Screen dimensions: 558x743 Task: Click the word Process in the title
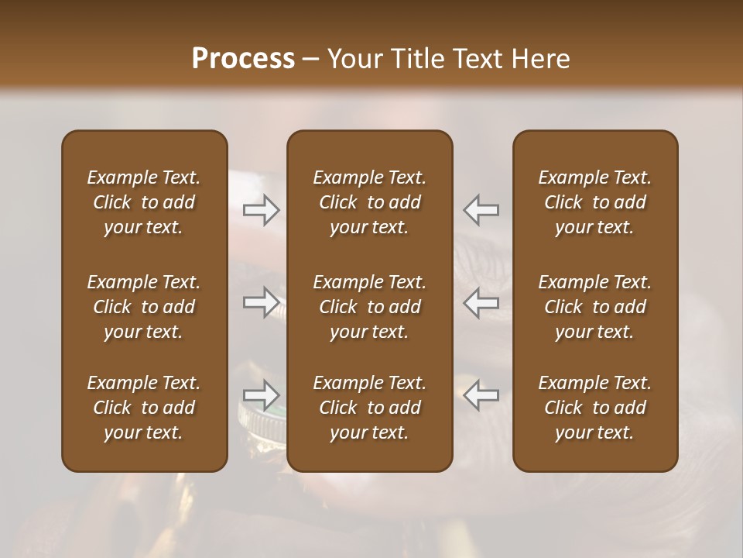pyautogui.click(x=243, y=59)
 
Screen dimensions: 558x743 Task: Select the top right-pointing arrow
pyautogui.click(x=262, y=210)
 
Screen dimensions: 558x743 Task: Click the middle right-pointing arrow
pyautogui.click(x=262, y=302)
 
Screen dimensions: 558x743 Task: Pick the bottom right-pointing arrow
pyautogui.click(x=262, y=395)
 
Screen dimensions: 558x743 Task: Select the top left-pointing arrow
pyautogui.click(x=481, y=210)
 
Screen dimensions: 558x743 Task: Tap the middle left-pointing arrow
pyautogui.click(x=481, y=302)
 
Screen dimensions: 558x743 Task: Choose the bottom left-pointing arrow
pyautogui.click(x=481, y=395)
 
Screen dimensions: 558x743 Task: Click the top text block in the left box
pyautogui.click(x=144, y=202)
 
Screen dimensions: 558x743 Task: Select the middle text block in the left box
pyautogui.click(x=144, y=307)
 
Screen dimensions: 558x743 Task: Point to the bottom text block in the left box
pyautogui.click(x=144, y=408)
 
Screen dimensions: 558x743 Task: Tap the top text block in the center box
pyautogui.click(x=369, y=202)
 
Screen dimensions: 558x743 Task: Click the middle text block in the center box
pyautogui.click(x=369, y=307)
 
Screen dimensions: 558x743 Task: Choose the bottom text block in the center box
pyautogui.click(x=369, y=408)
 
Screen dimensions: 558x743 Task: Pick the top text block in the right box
pyautogui.click(x=594, y=202)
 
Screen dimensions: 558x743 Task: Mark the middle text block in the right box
pyautogui.click(x=594, y=307)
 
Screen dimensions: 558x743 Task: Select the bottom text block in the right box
pyautogui.click(x=594, y=408)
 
